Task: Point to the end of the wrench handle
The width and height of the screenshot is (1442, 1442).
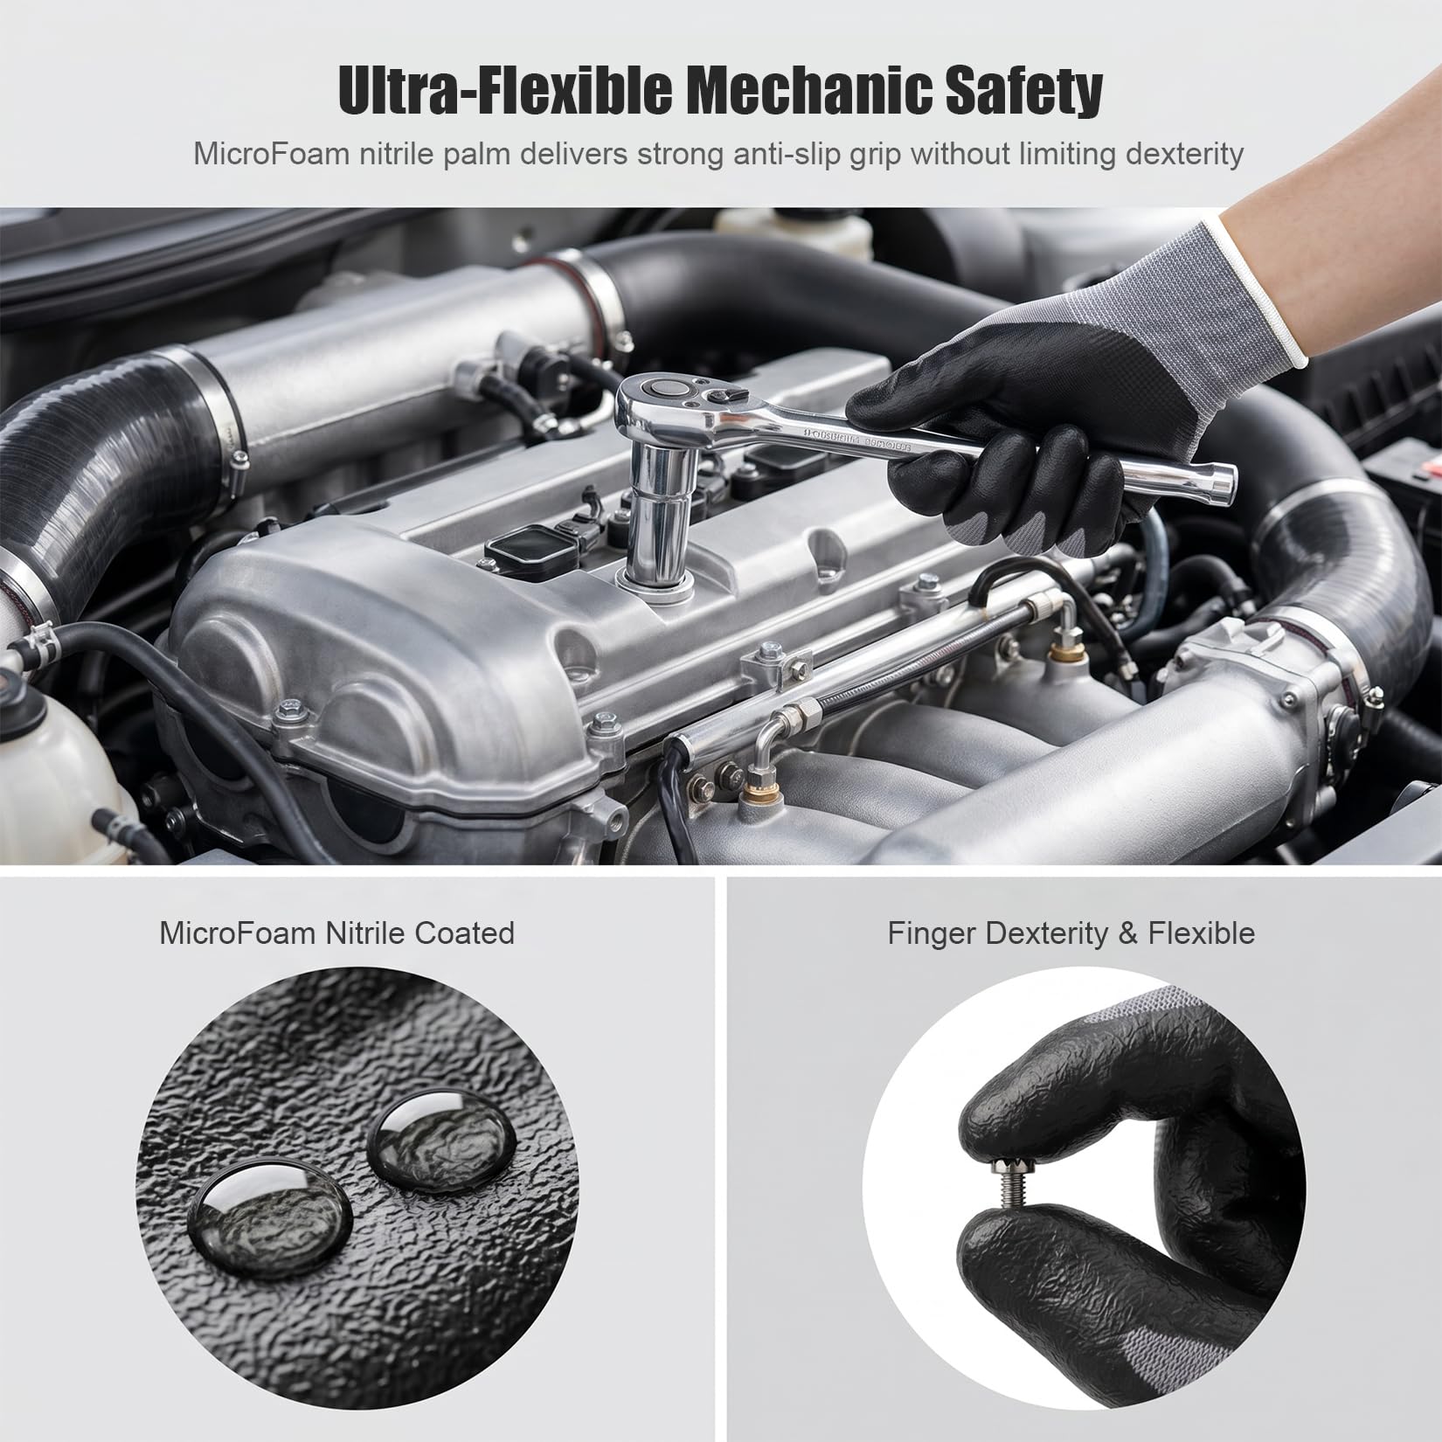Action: coord(1224,480)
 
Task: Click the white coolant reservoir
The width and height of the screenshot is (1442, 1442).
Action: coord(52,769)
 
